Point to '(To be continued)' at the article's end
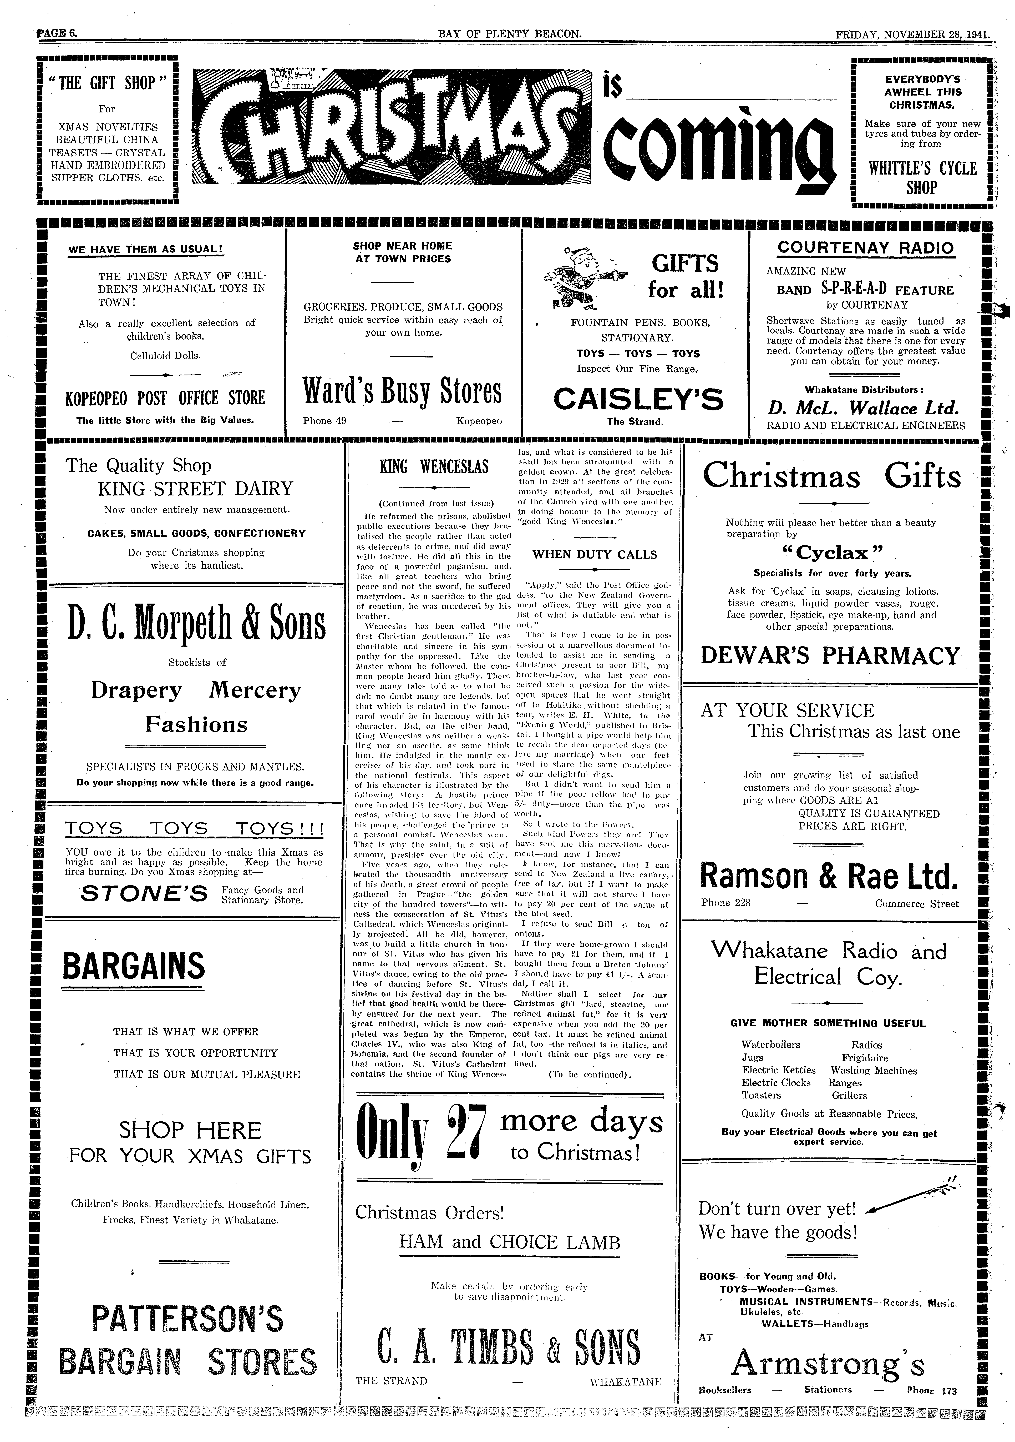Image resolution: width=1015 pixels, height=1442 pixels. (589, 1075)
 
